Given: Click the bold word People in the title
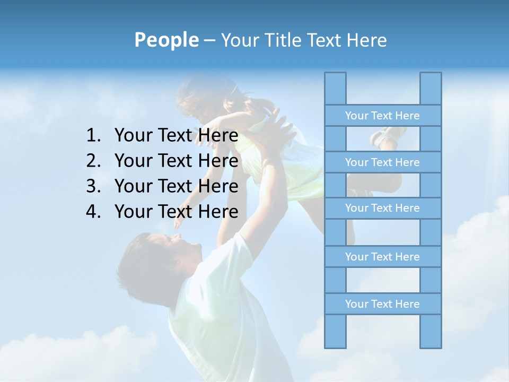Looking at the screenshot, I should point(166,40).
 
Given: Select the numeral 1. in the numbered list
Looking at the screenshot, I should point(93,136).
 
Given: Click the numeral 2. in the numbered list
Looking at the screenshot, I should point(93,161).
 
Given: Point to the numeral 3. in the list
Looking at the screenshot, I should point(93,186).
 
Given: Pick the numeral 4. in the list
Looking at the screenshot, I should point(93,212).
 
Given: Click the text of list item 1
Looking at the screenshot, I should point(176,136).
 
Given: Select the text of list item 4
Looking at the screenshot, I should point(176,212).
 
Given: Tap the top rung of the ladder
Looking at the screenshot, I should point(382,116).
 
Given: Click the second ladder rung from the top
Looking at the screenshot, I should point(382,162).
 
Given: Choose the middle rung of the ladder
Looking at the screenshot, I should point(382,208).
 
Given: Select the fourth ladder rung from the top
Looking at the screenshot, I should point(382,257).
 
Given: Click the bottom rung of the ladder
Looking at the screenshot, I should point(382,304).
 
